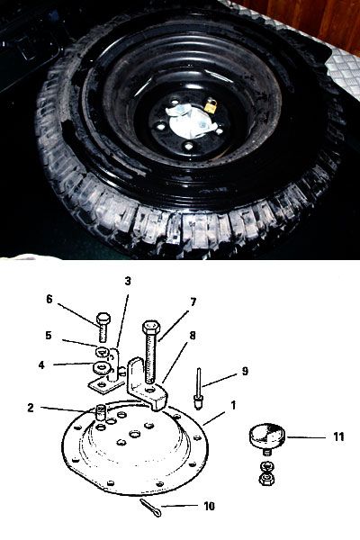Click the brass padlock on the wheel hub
(210, 105)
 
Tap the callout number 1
(233, 405)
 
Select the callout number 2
(31, 408)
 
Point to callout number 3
(128, 282)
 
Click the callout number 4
(41, 365)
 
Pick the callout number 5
(49, 336)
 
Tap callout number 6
(49, 300)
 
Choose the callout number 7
(193, 302)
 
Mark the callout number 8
(193, 336)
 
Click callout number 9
(245, 371)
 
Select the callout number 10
(209, 506)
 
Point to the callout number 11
(338, 436)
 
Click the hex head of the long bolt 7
(150, 326)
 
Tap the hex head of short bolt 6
(103, 319)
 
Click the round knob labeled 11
(267, 436)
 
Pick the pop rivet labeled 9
(198, 389)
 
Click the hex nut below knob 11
(266, 479)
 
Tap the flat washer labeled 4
(101, 368)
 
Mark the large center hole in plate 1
(134, 433)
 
